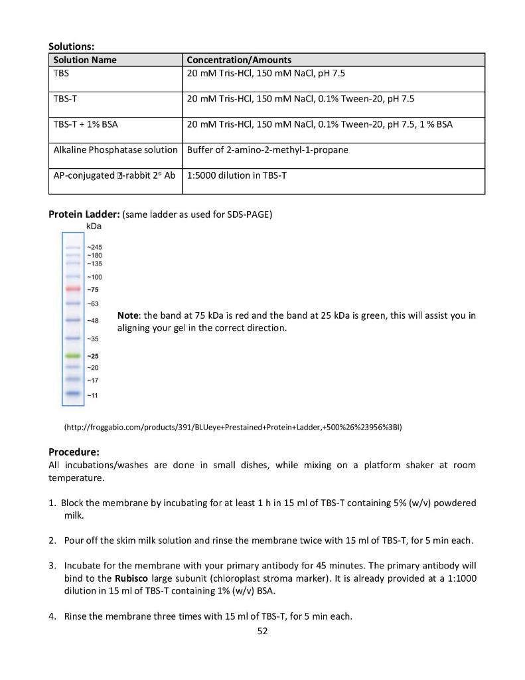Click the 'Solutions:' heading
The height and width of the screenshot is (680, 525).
pyautogui.click(x=72, y=46)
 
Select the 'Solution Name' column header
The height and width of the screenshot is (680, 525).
pyautogui.click(x=85, y=60)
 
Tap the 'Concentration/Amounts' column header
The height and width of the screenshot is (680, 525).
pyautogui.click(x=239, y=60)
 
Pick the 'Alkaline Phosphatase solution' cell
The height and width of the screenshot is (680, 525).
pyautogui.click(x=115, y=149)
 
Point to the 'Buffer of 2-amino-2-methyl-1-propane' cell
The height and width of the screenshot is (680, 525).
pyautogui.click(x=267, y=149)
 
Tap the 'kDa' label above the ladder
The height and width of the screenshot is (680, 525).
pyautogui.click(x=94, y=226)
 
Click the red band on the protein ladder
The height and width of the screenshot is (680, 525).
pyautogui.click(x=73, y=290)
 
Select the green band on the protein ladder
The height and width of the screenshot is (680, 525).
pyautogui.click(x=73, y=356)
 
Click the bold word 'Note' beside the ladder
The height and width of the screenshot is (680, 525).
pyautogui.click(x=127, y=315)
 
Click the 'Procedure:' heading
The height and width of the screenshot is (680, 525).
pyautogui.click(x=74, y=452)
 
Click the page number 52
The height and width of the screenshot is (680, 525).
pyautogui.click(x=262, y=631)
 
